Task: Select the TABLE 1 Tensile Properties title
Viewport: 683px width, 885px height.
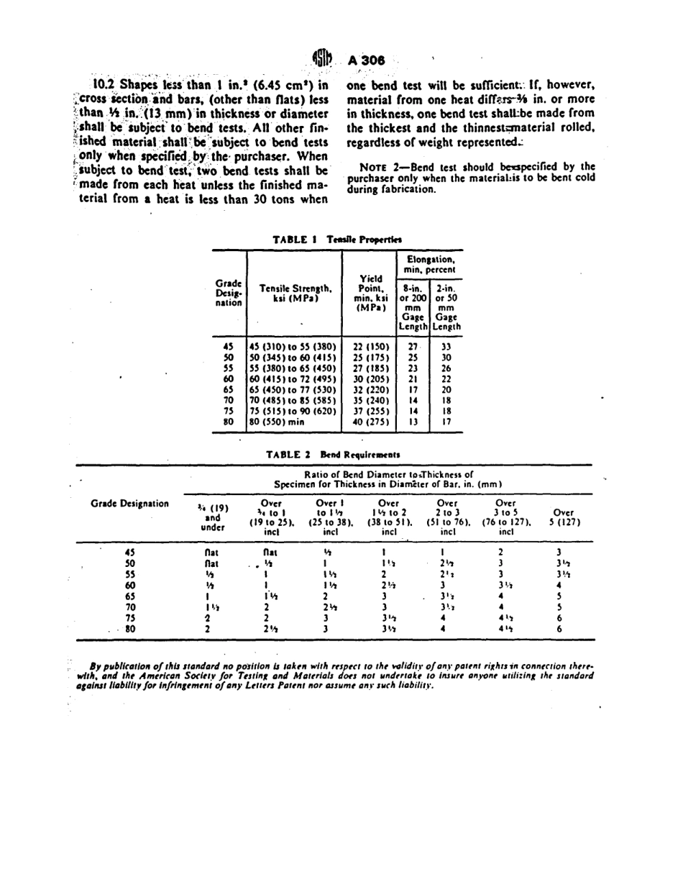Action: (x=337, y=239)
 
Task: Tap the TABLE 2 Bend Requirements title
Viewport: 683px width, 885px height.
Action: (x=333, y=455)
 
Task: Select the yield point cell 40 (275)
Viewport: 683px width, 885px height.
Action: (x=370, y=422)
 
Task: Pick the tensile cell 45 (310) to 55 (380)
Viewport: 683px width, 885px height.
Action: (x=293, y=346)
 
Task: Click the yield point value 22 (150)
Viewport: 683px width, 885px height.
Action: (x=370, y=346)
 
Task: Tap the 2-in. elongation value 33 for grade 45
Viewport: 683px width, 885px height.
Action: (x=446, y=346)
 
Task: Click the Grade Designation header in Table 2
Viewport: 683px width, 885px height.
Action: (x=130, y=503)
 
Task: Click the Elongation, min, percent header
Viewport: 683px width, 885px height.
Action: (x=430, y=264)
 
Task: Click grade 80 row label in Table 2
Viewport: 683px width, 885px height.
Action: (x=130, y=628)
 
